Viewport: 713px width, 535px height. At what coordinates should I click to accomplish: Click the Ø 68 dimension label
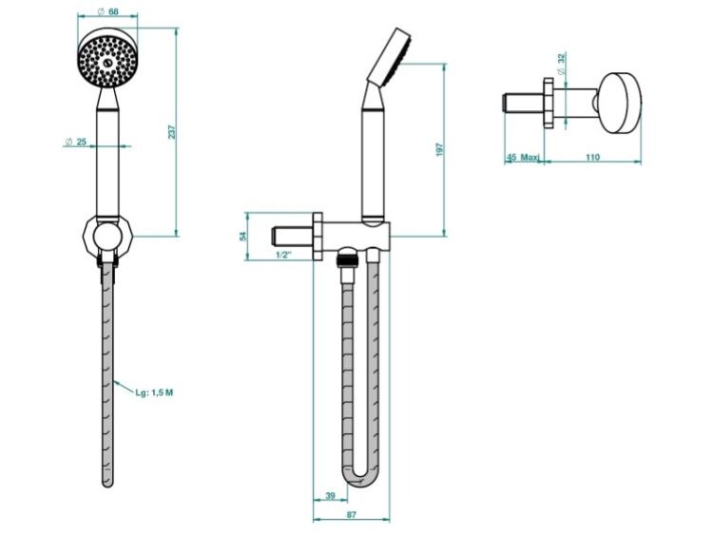tap(107, 11)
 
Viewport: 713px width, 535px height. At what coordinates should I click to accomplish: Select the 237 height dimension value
tap(171, 132)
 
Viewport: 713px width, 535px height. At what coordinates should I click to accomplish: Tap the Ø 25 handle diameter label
tap(75, 142)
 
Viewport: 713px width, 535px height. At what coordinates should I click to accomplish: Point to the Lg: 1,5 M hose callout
tap(154, 392)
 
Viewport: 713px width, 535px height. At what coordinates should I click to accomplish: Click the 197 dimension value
tap(439, 149)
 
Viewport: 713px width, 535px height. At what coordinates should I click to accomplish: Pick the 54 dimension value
tap(242, 236)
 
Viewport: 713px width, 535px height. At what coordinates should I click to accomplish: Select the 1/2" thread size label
tap(283, 255)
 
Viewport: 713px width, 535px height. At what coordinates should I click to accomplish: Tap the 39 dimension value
tap(331, 495)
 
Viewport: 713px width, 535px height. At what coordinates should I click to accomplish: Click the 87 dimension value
tap(352, 515)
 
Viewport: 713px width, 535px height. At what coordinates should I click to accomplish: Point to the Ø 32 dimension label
tap(562, 64)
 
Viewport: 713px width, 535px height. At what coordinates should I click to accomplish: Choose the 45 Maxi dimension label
tap(523, 158)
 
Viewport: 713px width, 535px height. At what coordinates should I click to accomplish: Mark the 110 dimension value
tap(592, 158)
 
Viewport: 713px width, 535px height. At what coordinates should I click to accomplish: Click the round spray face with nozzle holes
tap(107, 60)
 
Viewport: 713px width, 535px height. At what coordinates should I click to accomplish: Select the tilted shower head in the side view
tap(389, 57)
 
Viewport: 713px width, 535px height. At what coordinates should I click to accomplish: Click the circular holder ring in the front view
tap(107, 236)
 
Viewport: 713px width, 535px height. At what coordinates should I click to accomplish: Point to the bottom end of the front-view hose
tap(107, 485)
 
